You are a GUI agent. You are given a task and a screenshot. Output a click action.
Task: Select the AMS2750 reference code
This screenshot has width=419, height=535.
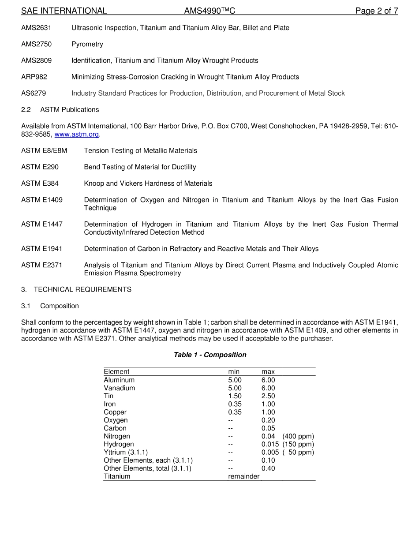click(36, 44)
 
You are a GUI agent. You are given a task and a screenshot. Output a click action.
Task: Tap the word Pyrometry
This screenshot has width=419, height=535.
click(87, 44)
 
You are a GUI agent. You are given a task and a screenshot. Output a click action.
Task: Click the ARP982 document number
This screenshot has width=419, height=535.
click(34, 77)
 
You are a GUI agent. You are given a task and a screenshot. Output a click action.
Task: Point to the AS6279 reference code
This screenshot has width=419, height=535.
click(34, 93)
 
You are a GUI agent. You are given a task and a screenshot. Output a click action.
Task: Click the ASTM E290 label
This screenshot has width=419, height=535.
click(40, 167)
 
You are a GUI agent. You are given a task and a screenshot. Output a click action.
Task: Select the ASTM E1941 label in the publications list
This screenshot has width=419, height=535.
click(42, 249)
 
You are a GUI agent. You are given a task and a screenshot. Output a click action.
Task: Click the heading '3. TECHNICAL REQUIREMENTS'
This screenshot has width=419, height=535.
click(76, 289)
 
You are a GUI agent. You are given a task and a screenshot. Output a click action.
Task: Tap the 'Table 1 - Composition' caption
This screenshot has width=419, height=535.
click(210, 355)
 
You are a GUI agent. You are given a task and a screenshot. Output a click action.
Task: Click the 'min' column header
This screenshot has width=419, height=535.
click(234, 372)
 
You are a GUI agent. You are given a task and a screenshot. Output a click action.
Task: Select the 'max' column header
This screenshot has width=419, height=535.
click(268, 372)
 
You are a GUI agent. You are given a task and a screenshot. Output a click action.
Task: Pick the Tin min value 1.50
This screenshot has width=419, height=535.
click(235, 396)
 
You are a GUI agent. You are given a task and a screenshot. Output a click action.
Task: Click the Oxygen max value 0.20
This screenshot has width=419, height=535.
click(268, 420)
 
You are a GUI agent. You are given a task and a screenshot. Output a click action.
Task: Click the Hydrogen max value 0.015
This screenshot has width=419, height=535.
click(270, 444)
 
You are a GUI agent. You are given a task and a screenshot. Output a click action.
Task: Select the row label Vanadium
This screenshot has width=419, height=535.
click(119, 388)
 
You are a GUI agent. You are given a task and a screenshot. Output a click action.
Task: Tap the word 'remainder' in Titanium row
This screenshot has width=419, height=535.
click(243, 476)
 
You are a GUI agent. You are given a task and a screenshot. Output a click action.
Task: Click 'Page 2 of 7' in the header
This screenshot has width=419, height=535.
click(377, 11)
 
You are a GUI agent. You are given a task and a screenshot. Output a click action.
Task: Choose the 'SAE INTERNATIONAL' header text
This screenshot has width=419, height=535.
click(64, 11)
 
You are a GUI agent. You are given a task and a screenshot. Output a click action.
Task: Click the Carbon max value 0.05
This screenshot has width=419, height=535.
click(268, 428)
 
